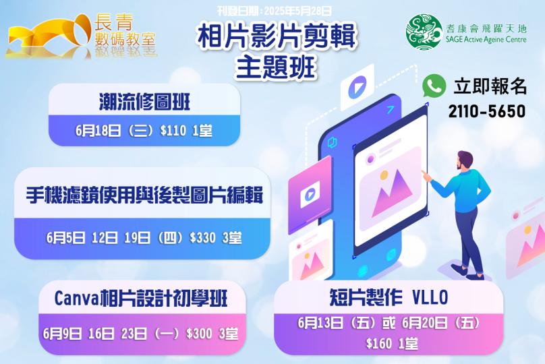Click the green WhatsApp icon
pyautogui.click(x=435, y=86)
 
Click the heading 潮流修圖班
pyautogui.click(x=144, y=102)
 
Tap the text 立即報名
pyautogui.click(x=490, y=86)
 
